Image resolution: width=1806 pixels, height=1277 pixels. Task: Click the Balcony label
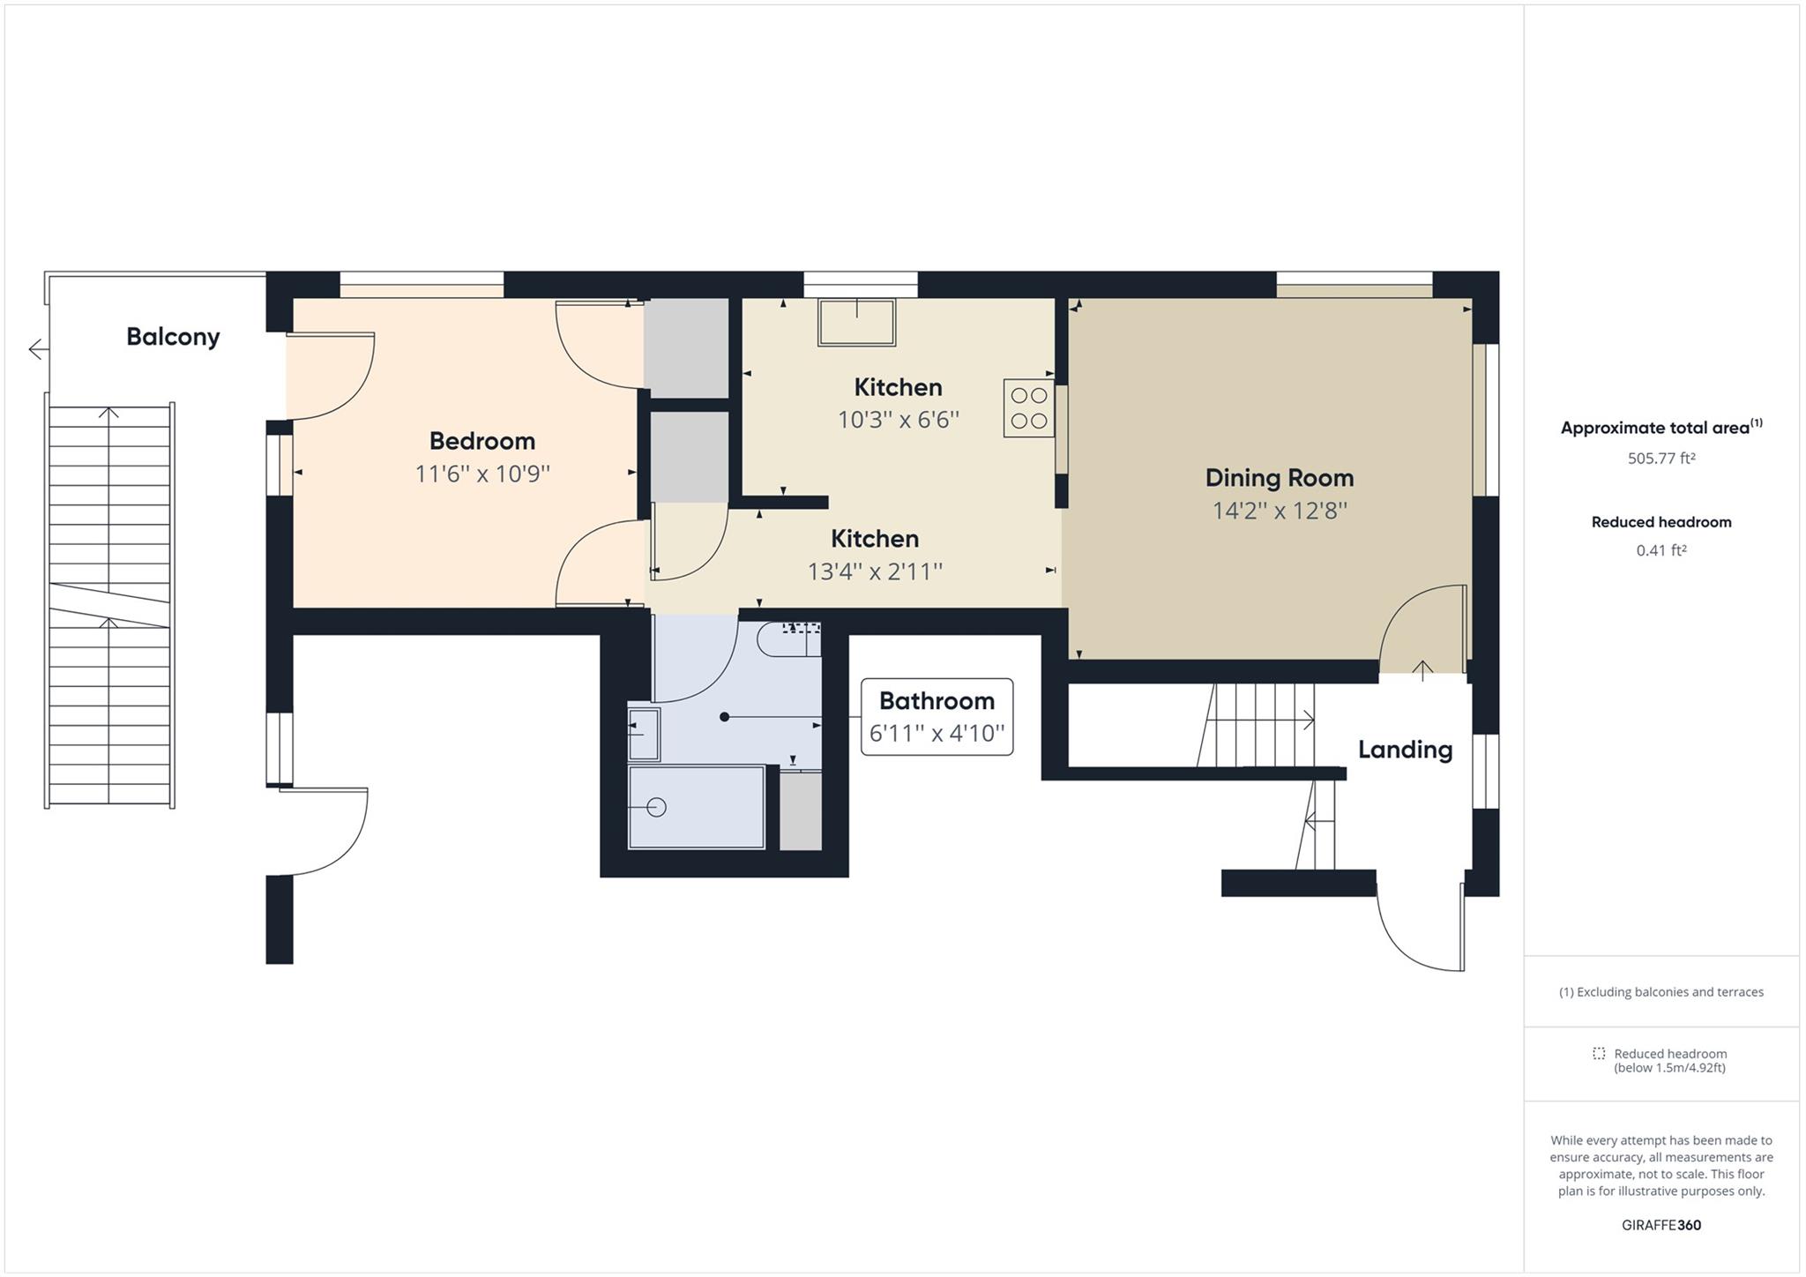[173, 336]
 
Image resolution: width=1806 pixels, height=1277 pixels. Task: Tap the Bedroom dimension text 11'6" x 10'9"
[482, 474]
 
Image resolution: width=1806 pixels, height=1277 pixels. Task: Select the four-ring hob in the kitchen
[1028, 408]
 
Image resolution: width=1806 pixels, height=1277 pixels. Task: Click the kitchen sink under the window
[856, 322]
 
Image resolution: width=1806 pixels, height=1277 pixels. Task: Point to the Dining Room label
[1279, 478]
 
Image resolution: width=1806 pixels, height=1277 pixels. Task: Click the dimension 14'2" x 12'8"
[1279, 511]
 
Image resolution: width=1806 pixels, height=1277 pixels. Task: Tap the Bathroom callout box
[937, 716]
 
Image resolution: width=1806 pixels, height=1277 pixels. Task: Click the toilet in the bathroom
[787, 639]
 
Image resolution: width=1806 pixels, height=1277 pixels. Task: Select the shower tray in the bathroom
[696, 807]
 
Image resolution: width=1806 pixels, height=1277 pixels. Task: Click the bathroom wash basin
[643, 734]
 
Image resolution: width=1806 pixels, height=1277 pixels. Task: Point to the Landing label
[1405, 750]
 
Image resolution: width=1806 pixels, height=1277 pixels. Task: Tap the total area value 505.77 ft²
[1661, 459]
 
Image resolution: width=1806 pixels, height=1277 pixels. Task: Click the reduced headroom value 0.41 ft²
[1661, 550]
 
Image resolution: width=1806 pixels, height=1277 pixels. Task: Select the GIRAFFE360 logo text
[1661, 1225]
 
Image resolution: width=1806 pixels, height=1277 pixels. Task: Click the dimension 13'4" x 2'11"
[875, 571]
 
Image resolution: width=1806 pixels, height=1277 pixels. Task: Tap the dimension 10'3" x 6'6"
[898, 420]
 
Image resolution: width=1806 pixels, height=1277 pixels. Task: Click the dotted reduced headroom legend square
[1599, 1053]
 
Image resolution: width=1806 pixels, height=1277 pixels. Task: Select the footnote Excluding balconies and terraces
[1661, 992]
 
